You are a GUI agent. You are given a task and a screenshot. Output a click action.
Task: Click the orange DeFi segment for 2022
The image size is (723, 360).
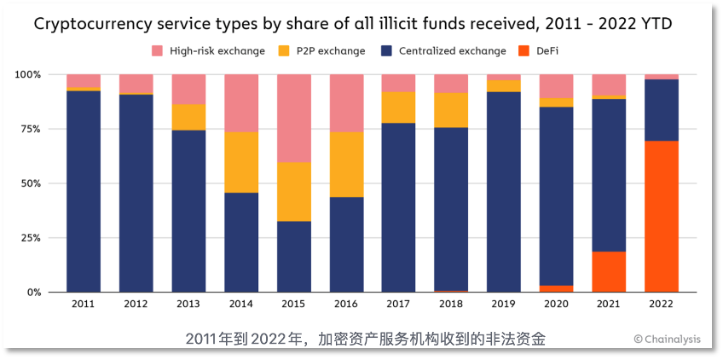pyautogui.click(x=662, y=217)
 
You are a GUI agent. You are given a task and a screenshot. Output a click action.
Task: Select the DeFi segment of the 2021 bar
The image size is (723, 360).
pyautogui.click(x=609, y=271)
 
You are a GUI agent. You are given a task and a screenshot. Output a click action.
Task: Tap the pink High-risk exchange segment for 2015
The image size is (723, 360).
pyautogui.click(x=293, y=118)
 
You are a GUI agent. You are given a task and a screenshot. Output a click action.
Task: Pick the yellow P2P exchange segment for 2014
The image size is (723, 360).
pyautogui.click(x=241, y=162)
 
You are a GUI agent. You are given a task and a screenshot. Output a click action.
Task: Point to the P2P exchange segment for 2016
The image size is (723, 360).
pyautogui.click(x=346, y=165)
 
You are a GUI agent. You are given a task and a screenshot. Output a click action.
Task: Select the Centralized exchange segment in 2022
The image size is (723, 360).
pyautogui.click(x=662, y=110)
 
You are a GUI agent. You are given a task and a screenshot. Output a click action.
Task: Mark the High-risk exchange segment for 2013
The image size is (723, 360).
pyautogui.click(x=188, y=90)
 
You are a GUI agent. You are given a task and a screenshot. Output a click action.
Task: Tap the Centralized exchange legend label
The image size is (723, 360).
pyautogui.click(x=445, y=51)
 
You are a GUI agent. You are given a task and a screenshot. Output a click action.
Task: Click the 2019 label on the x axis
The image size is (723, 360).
pyautogui.click(x=504, y=304)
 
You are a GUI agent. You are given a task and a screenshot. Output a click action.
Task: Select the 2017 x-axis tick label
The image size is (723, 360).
pyautogui.click(x=398, y=304)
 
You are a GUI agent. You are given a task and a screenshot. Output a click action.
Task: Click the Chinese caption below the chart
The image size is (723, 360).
pyautogui.click(x=365, y=340)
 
